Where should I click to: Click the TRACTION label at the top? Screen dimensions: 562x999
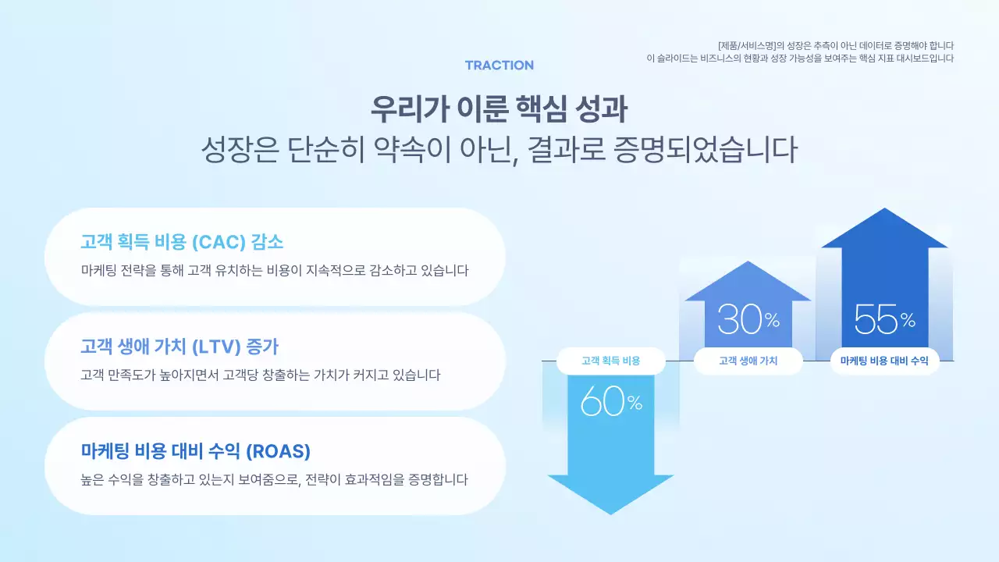pyautogui.click(x=499, y=66)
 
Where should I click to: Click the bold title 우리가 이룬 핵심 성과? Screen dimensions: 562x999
pyautogui.click(x=499, y=108)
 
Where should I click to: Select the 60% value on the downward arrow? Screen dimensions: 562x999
pyautogui.click(x=611, y=402)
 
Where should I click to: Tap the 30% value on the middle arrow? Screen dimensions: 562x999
pyautogui.click(x=748, y=318)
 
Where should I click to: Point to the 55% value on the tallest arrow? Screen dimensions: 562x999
pyautogui.click(x=884, y=318)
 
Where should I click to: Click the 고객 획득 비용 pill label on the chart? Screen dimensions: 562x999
pyautogui.click(x=610, y=361)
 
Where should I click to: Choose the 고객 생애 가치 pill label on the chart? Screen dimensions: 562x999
pyautogui.click(x=748, y=361)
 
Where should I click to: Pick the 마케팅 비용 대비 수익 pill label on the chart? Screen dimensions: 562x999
pyautogui.click(x=884, y=361)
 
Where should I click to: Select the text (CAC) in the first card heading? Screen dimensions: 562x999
pyautogui.click(x=220, y=242)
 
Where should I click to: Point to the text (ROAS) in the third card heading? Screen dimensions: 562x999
pyautogui.click(x=278, y=451)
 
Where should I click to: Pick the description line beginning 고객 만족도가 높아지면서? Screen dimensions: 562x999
pyautogui.click(x=261, y=375)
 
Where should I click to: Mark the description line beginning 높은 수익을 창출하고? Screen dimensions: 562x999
pyautogui.click(x=274, y=479)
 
